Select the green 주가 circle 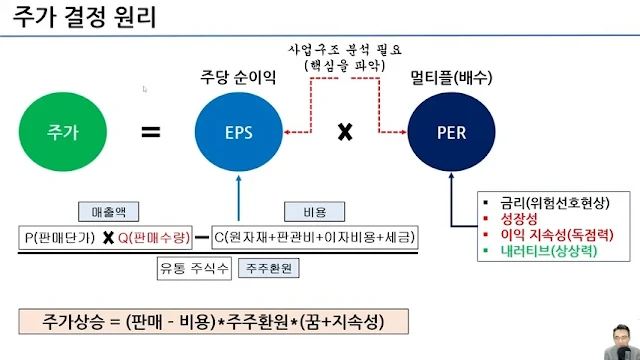click(62, 132)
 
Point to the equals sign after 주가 click(150, 131)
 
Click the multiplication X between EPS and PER click(345, 131)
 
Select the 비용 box click(301, 211)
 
